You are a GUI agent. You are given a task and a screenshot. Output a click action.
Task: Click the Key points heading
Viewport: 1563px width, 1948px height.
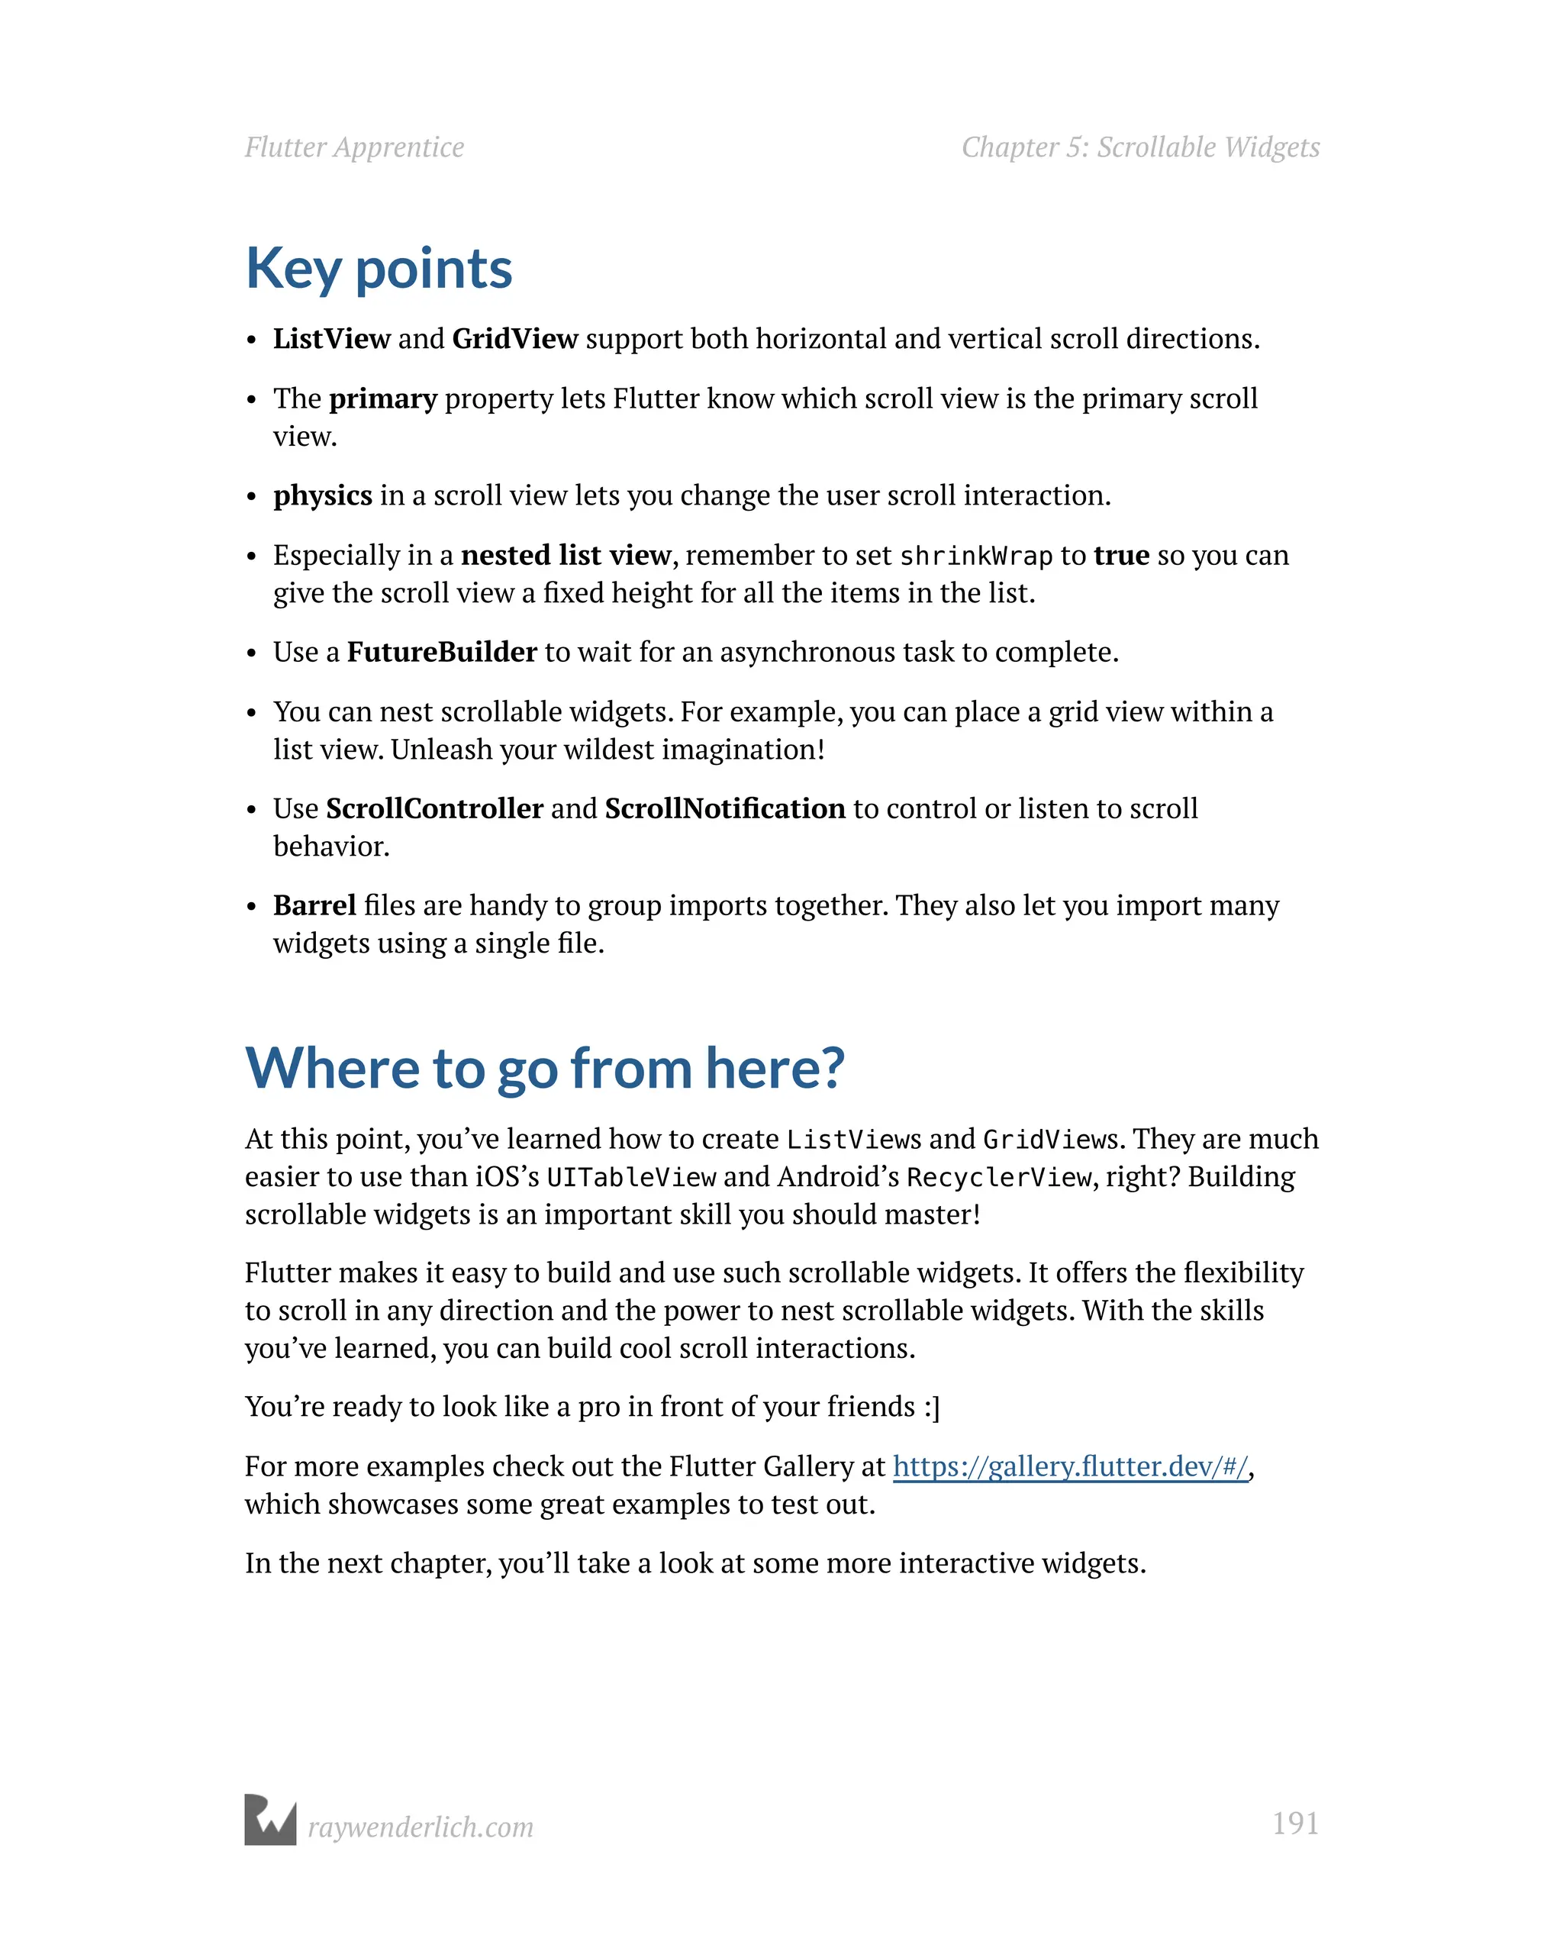[379, 269]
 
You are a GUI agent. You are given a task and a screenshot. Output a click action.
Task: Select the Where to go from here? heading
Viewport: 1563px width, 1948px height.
[545, 1068]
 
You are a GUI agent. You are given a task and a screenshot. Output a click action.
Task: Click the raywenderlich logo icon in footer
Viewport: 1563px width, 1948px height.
[270, 1820]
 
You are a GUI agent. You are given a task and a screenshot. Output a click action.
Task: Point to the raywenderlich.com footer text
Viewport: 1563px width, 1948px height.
[420, 1827]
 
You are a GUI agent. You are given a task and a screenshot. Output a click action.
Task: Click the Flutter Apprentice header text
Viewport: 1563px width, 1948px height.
[354, 147]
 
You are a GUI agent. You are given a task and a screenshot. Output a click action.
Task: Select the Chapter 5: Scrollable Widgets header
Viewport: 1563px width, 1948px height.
[1140, 147]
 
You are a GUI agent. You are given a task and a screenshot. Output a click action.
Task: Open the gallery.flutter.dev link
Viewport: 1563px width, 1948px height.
[1071, 1466]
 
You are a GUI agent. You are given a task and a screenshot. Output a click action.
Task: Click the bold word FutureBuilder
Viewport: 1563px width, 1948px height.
[442, 651]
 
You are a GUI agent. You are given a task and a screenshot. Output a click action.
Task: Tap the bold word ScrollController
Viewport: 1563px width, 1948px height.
[434, 808]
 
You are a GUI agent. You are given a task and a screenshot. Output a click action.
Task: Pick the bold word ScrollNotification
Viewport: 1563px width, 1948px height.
[724, 808]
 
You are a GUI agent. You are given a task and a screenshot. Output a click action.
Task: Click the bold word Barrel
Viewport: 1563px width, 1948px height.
[314, 905]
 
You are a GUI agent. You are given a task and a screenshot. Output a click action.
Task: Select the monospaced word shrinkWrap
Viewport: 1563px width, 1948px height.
[977, 556]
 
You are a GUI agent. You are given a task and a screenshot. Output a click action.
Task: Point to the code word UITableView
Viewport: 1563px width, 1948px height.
[630, 1177]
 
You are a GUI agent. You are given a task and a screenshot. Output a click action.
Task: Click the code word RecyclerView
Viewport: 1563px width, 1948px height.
[998, 1177]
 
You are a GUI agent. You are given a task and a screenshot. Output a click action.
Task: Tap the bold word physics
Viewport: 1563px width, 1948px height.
[323, 495]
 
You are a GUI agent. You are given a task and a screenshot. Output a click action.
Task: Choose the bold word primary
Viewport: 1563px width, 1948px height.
[383, 398]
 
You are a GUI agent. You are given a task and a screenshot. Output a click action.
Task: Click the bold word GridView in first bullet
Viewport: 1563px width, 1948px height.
[515, 339]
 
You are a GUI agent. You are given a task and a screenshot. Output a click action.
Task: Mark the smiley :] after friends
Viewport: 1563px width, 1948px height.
[932, 1407]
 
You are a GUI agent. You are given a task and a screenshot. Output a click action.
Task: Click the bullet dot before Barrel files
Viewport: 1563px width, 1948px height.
[252, 906]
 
